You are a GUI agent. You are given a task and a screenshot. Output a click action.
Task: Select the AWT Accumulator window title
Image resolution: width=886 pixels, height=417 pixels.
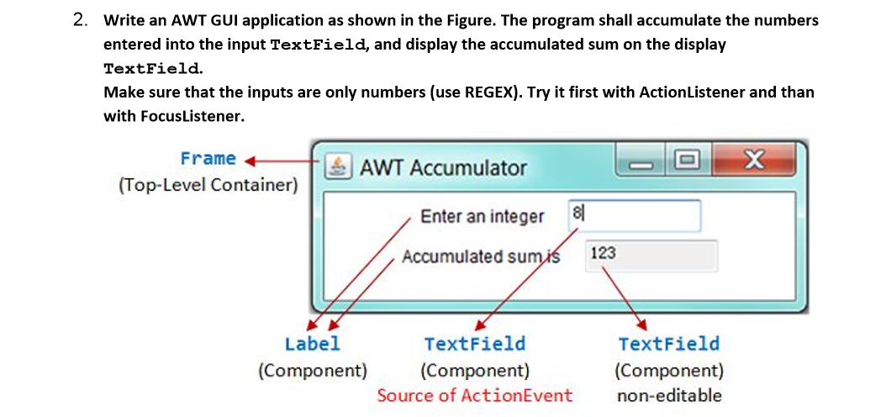[443, 167]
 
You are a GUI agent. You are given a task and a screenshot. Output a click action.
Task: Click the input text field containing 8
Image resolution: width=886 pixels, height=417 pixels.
[634, 215]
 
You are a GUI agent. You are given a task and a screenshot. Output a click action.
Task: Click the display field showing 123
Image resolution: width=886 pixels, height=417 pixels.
[651, 255]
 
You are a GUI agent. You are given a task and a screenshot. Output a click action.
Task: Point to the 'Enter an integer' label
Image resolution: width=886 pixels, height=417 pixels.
[482, 216]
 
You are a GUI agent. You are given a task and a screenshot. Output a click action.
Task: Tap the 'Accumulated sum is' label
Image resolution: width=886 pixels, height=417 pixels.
[480, 256]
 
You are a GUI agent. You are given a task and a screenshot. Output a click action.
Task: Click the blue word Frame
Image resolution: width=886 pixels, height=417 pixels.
[208, 158]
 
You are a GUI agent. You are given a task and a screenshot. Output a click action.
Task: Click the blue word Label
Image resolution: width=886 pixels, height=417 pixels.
[313, 343]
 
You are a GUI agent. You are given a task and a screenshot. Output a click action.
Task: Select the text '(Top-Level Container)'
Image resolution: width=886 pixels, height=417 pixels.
[208, 184]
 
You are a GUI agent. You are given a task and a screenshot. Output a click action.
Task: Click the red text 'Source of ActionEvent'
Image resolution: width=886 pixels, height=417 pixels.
[474, 395]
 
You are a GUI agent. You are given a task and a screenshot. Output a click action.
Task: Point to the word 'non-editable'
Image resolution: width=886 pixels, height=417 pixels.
[669, 395]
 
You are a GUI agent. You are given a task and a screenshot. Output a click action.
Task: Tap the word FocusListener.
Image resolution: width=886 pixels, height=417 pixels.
[173, 116]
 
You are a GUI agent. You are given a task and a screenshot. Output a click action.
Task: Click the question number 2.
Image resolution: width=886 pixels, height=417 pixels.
[79, 20]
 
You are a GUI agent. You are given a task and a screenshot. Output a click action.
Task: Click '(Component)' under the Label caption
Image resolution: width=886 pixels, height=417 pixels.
[313, 370]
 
